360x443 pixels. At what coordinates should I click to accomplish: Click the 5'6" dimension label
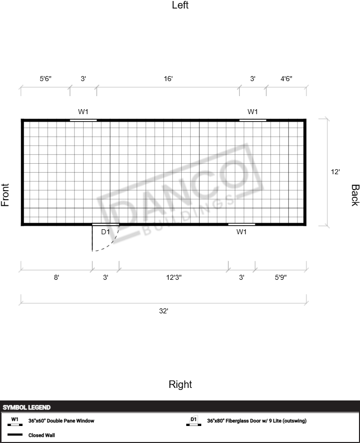click(x=46, y=79)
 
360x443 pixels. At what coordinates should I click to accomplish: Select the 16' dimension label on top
click(x=168, y=79)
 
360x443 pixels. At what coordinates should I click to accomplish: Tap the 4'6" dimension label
click(x=286, y=79)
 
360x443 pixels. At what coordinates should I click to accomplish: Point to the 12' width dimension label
click(x=335, y=172)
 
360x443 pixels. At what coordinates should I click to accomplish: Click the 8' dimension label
click(x=57, y=277)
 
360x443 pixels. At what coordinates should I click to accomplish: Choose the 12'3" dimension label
click(x=174, y=277)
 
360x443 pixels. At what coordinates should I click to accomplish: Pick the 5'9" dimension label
click(x=280, y=277)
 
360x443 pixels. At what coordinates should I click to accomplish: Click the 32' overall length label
click(x=164, y=311)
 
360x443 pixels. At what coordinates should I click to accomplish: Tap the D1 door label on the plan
click(x=106, y=232)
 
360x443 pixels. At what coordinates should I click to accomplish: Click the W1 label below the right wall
click(x=242, y=232)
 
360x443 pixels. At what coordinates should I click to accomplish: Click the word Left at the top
click(x=180, y=5)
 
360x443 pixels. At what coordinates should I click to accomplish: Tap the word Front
click(x=5, y=195)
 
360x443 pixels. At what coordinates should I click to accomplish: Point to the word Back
click(x=355, y=195)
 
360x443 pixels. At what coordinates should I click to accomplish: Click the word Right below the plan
click(x=180, y=384)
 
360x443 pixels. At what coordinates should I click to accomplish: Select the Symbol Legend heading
click(x=27, y=407)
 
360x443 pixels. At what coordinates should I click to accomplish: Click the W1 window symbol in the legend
click(x=15, y=421)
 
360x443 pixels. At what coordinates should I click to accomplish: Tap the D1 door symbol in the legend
click(x=194, y=421)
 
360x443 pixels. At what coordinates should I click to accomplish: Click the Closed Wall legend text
click(x=42, y=435)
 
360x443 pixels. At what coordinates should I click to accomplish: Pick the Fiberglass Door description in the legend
click(x=256, y=420)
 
